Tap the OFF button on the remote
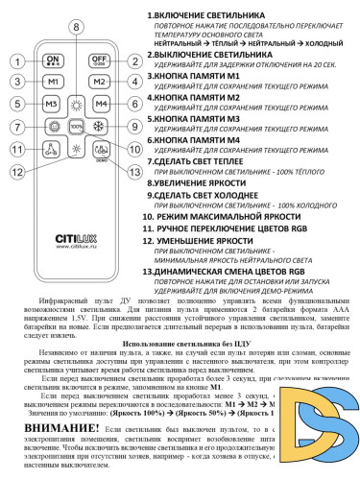pyautogui.click(x=99, y=60)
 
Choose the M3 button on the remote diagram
pyautogui.click(x=52, y=104)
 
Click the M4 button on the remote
pyautogui.click(x=99, y=104)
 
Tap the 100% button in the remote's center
pyautogui.click(x=76, y=126)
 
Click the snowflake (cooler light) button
pyautogui.click(x=100, y=126)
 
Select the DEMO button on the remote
pyautogui.click(x=100, y=150)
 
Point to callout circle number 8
pyautogui.click(x=76, y=28)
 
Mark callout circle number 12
pyautogui.click(x=17, y=170)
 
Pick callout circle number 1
pyautogui.click(x=17, y=60)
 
